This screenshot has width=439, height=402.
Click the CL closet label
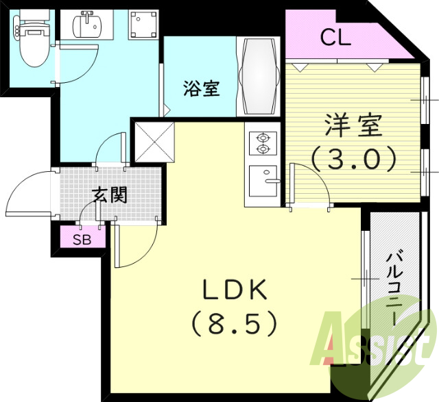(335, 37)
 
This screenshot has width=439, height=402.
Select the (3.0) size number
(353, 159)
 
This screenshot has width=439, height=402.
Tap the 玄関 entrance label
(110, 196)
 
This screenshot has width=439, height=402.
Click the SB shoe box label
(82, 238)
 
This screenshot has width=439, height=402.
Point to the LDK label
(233, 291)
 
